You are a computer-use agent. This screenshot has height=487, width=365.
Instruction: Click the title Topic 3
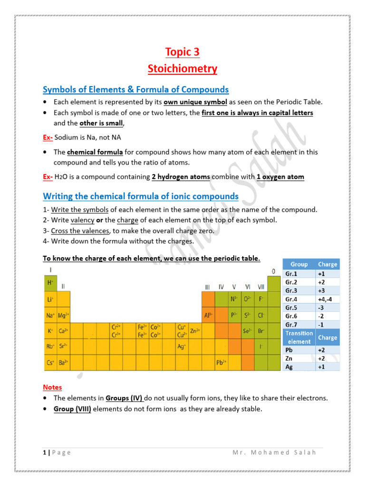click(182, 51)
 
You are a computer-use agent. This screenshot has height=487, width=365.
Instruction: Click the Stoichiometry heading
click(182, 69)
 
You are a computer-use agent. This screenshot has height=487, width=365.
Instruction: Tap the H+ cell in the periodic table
click(50, 282)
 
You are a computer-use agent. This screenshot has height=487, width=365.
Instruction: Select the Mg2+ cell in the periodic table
click(64, 315)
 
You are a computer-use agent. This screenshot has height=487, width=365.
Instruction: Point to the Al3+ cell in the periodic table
click(208, 315)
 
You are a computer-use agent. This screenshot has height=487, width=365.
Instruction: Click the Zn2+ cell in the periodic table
click(195, 331)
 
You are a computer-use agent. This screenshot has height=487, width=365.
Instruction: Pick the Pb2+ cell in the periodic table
click(221, 362)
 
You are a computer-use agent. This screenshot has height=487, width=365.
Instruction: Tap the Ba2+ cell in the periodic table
click(64, 362)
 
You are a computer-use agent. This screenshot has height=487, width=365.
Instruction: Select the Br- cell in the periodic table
click(261, 331)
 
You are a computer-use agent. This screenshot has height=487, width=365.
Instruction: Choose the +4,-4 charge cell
click(327, 299)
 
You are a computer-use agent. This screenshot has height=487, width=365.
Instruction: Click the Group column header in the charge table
click(299, 264)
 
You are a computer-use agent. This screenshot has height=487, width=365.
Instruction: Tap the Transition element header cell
click(299, 337)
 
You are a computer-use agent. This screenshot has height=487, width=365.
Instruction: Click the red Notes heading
click(52, 387)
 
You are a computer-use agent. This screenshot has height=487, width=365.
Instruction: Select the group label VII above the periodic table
click(261, 287)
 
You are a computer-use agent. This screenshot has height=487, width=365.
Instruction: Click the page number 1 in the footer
click(43, 452)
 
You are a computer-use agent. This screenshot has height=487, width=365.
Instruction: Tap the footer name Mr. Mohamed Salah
click(274, 452)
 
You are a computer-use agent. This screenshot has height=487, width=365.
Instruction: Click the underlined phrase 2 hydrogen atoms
click(180, 177)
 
